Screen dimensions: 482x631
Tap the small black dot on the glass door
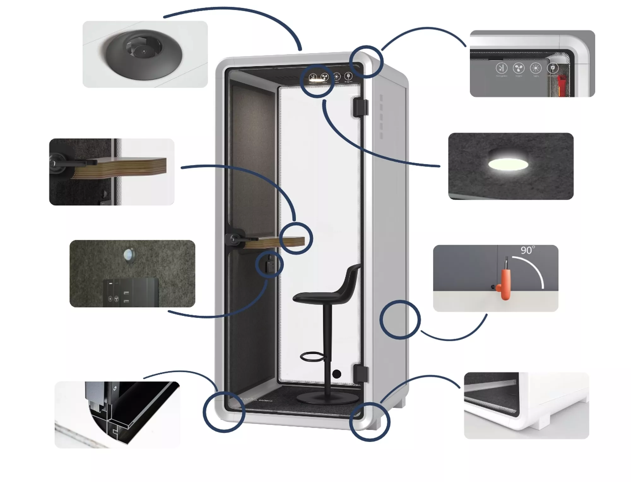[337, 374]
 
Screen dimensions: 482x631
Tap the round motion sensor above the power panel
[129, 255]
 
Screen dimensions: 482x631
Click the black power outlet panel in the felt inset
[131, 292]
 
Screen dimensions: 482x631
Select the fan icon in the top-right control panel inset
[519, 68]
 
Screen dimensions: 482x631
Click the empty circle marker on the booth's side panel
[400, 319]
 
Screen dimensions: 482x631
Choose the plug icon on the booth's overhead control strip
[348, 76]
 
